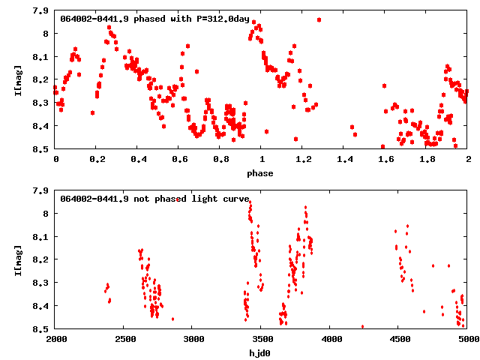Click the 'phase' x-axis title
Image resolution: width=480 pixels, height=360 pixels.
coord(261,172)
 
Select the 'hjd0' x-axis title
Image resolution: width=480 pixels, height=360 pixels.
coord(261,352)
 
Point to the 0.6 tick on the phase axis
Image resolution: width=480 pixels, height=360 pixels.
coord(179,160)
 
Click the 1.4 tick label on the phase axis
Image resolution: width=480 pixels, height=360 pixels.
coord(344,160)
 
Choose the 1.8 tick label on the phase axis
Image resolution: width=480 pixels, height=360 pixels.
coord(427,160)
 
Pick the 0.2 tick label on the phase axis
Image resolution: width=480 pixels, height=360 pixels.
coord(97,160)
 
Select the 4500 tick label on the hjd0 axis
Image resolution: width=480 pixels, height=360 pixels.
coord(399,340)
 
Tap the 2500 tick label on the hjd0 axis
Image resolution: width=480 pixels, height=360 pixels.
coord(124,340)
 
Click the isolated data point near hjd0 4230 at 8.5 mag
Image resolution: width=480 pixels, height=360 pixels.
coord(363,327)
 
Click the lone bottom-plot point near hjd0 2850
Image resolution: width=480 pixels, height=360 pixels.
coord(172,319)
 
